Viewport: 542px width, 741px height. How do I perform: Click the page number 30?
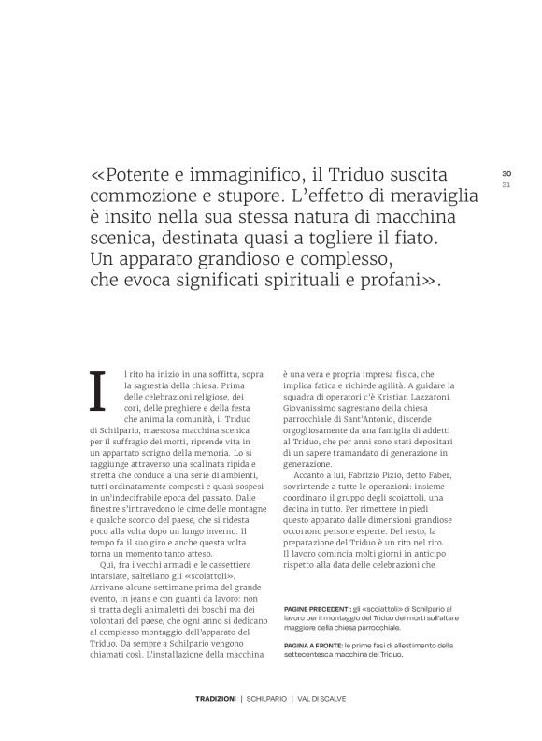tap(506, 174)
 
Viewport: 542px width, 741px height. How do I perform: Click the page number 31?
tap(506, 184)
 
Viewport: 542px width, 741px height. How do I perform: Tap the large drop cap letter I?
tap(97, 390)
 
